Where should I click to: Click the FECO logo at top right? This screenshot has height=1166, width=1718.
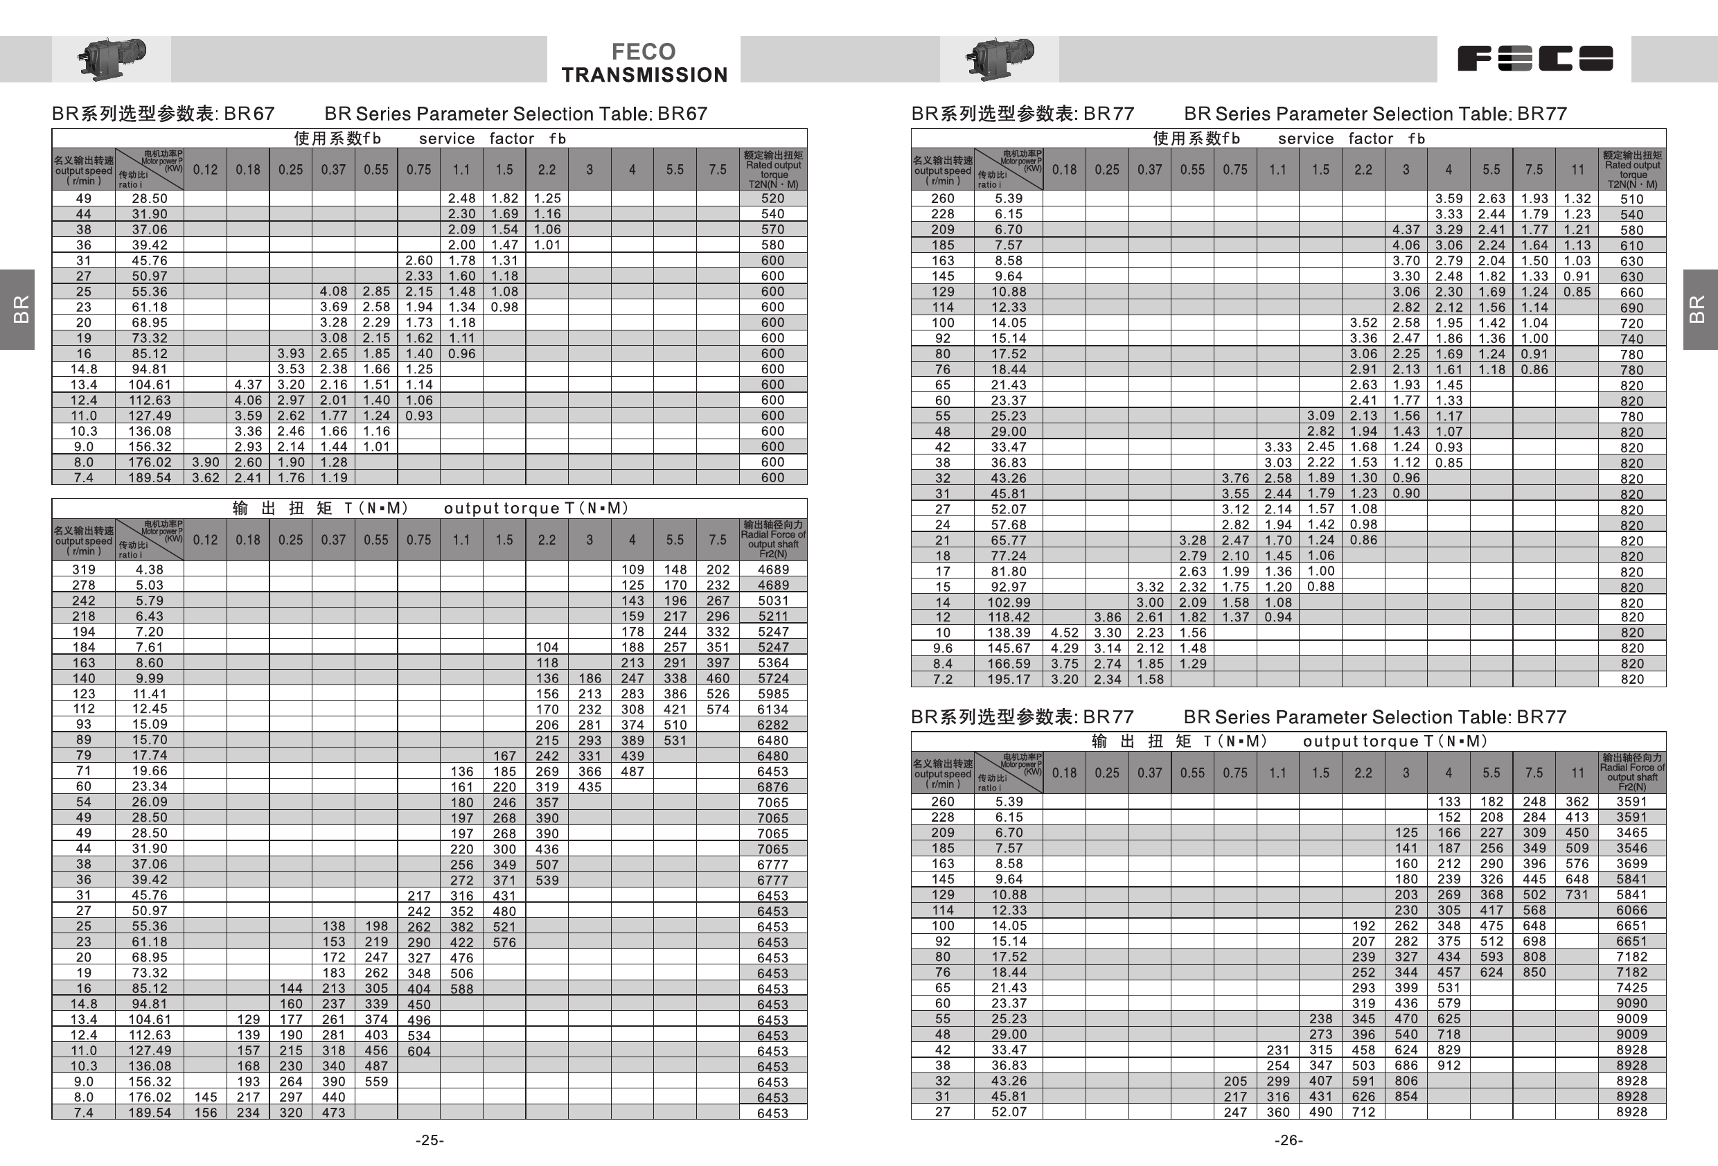pos(1534,58)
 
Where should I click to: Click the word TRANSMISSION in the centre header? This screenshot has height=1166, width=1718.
pos(644,75)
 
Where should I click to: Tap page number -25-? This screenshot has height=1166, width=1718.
pos(429,1140)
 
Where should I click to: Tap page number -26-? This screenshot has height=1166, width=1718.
pos(1288,1140)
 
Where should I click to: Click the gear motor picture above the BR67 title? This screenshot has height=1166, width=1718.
pos(112,58)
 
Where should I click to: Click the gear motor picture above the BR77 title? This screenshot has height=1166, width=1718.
pos(1000,58)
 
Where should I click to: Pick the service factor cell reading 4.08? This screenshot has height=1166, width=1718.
pos(333,291)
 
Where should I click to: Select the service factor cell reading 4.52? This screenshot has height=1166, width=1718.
pos(1065,633)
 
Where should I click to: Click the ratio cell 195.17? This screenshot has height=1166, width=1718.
pos(1009,680)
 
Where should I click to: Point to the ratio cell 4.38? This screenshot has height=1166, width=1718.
pos(150,570)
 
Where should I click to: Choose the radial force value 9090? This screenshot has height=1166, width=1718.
pos(1631,1003)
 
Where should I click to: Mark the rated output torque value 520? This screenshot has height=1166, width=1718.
pos(772,198)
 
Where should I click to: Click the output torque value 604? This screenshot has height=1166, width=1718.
pos(418,1051)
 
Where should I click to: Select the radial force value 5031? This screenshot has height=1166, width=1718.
pos(772,601)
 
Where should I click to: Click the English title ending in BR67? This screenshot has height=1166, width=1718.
pos(515,114)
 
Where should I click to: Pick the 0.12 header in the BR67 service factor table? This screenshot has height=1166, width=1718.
pos(206,169)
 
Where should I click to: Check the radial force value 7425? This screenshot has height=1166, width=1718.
pos(1631,988)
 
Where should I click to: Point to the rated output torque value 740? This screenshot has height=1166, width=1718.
pos(1631,339)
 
